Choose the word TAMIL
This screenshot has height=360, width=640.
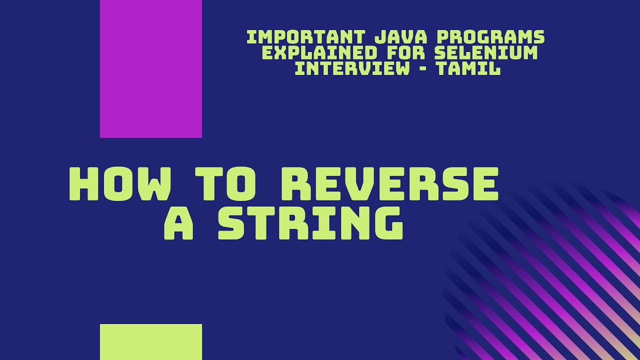tap(468, 68)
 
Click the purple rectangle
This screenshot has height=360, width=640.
tap(151, 68)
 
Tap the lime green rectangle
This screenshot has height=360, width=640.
tap(151, 342)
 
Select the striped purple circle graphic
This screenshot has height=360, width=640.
tap(550, 280)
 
